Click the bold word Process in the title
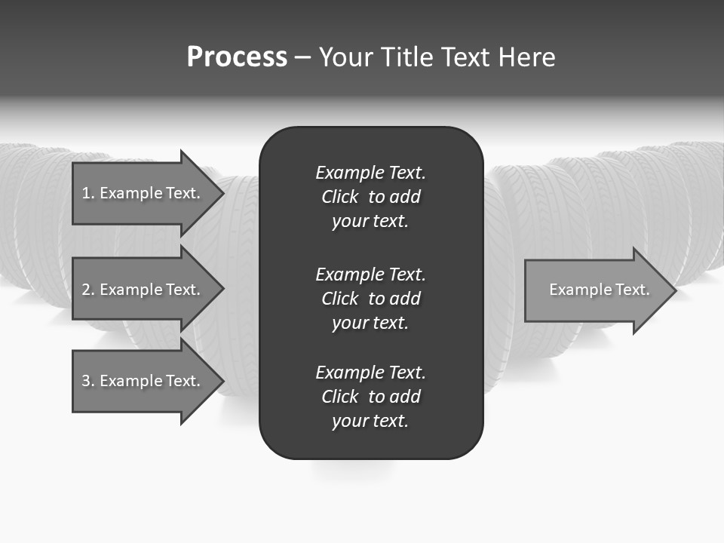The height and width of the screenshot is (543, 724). (237, 57)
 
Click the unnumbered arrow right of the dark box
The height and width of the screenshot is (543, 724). (596, 290)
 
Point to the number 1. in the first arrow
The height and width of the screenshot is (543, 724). (88, 193)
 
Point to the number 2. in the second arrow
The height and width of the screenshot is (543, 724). (88, 290)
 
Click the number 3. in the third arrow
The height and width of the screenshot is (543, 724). (88, 381)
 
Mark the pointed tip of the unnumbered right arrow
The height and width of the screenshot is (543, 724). (673, 290)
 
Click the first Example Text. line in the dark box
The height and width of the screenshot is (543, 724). (370, 173)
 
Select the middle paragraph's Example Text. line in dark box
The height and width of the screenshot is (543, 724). (370, 274)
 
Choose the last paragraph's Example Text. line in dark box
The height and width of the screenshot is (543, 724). (370, 373)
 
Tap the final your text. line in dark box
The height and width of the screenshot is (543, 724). (370, 422)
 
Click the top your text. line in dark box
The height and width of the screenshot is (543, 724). (370, 222)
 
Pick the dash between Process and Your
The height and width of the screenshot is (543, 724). (302, 57)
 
